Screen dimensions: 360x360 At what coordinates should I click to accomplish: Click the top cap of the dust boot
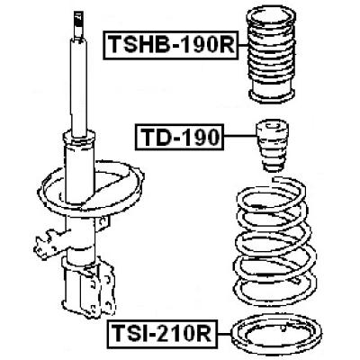(270, 18)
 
